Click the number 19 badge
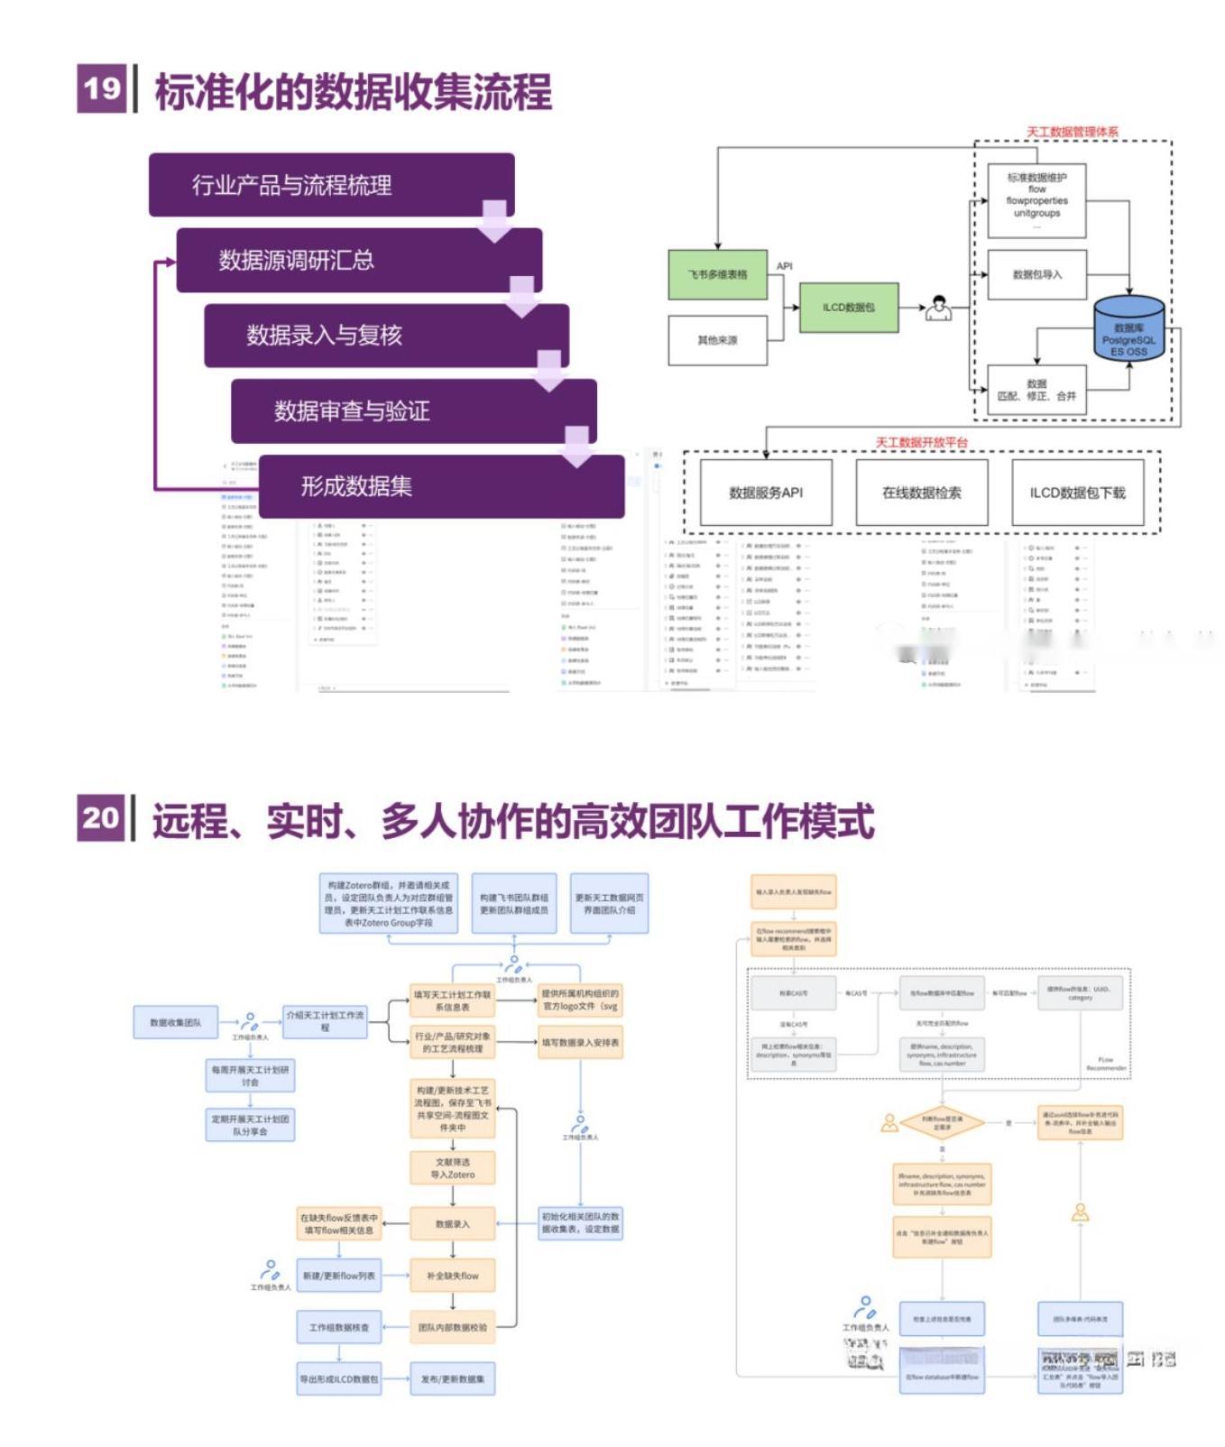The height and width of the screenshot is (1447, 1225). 101,88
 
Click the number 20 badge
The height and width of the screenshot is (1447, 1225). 100,817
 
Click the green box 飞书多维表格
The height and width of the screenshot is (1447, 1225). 718,274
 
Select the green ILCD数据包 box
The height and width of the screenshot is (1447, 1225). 848,308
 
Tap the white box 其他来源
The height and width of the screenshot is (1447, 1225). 717,340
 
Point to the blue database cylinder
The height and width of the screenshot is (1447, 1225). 1128,328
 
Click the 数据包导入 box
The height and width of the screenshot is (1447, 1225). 1036,274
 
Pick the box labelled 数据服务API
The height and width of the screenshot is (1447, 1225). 766,493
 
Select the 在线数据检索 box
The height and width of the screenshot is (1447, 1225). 921,493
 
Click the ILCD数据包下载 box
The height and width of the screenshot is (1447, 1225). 1077,493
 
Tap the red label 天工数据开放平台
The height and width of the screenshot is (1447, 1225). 921,443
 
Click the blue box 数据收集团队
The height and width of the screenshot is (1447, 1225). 176,1022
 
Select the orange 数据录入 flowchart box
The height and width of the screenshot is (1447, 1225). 453,1224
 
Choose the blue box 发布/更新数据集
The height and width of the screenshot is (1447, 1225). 453,1378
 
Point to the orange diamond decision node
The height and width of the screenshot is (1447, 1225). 942,1122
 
